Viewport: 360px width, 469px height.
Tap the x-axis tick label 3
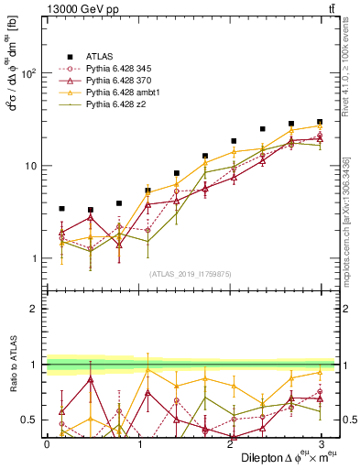coord(320,442)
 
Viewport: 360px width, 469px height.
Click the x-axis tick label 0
coord(47,442)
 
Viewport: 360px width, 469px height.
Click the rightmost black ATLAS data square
coord(320,122)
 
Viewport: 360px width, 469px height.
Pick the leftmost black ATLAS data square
coord(61,209)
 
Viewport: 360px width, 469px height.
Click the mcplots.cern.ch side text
coord(351,211)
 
